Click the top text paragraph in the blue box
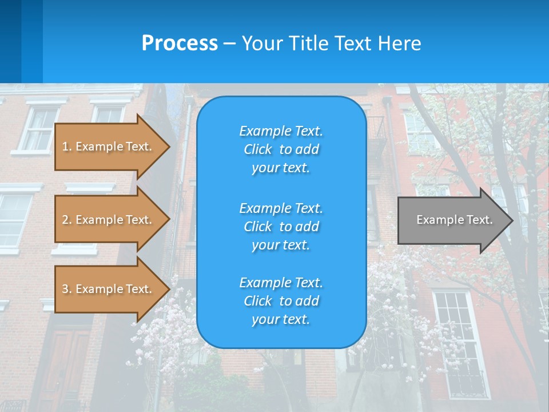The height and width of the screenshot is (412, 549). tap(281, 149)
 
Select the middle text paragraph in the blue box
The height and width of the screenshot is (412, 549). tap(281, 227)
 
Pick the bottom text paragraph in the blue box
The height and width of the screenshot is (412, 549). tap(281, 301)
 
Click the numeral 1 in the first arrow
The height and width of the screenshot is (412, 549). tap(65, 146)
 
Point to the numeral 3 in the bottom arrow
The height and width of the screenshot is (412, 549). tap(65, 289)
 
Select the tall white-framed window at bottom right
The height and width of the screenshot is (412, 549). tap(460, 343)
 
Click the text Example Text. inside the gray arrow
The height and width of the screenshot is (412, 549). tap(454, 220)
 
